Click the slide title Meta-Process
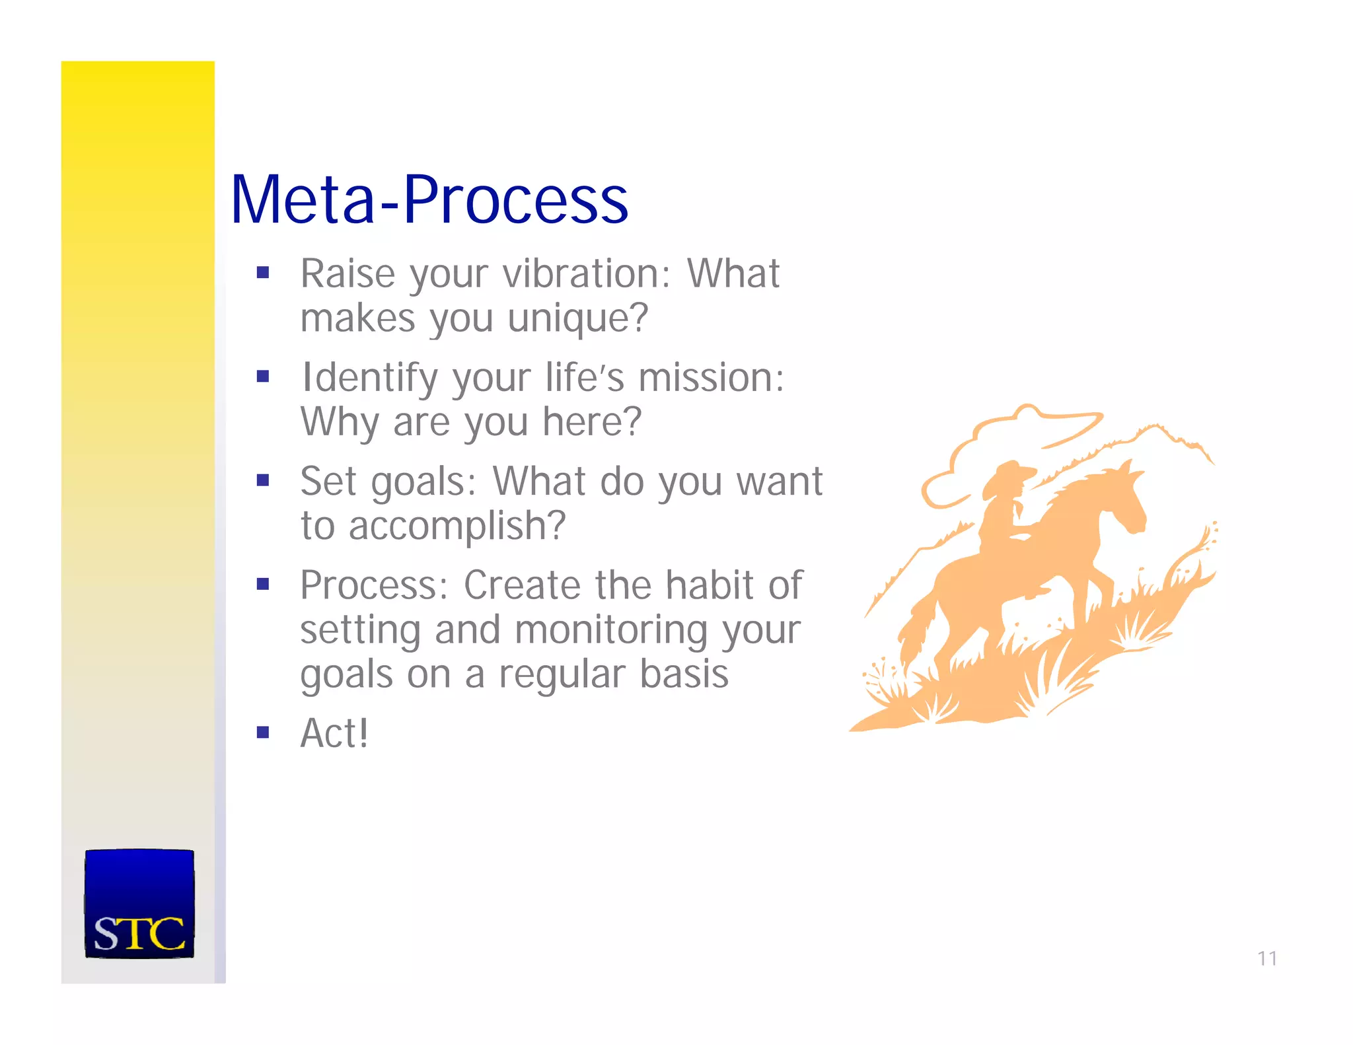click(x=429, y=199)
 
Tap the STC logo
click(x=139, y=904)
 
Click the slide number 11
click(x=1266, y=958)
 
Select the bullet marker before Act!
click(x=263, y=732)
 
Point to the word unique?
click(x=578, y=318)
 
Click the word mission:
click(x=712, y=378)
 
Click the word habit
click(x=709, y=585)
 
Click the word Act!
click(x=334, y=733)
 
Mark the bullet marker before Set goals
click(x=263, y=480)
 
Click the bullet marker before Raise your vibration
click(x=263, y=272)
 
